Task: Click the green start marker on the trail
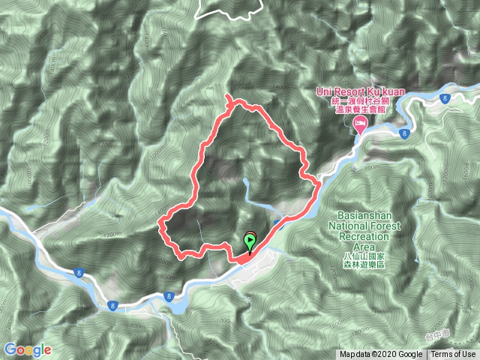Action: point(250,241)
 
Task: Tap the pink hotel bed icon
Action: point(360,123)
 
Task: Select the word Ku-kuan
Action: point(386,91)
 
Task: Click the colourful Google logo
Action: point(27,349)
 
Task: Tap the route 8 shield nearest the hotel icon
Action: point(404,133)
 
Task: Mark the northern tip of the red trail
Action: point(228,96)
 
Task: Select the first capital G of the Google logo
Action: point(10,349)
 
